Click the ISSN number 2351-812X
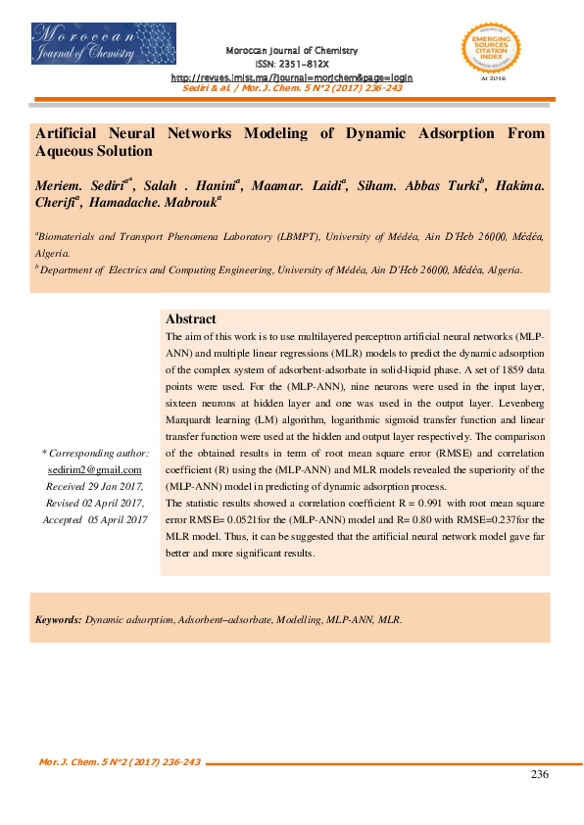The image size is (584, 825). pyautogui.click(x=292, y=63)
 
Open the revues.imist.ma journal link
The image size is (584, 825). pyautogui.click(x=292, y=76)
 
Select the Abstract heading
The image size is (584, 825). pyautogui.click(x=191, y=319)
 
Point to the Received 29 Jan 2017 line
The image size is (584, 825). pyautogui.click(x=95, y=487)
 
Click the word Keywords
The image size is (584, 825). pyautogui.click(x=58, y=620)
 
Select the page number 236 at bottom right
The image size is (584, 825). pyautogui.click(x=539, y=774)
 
